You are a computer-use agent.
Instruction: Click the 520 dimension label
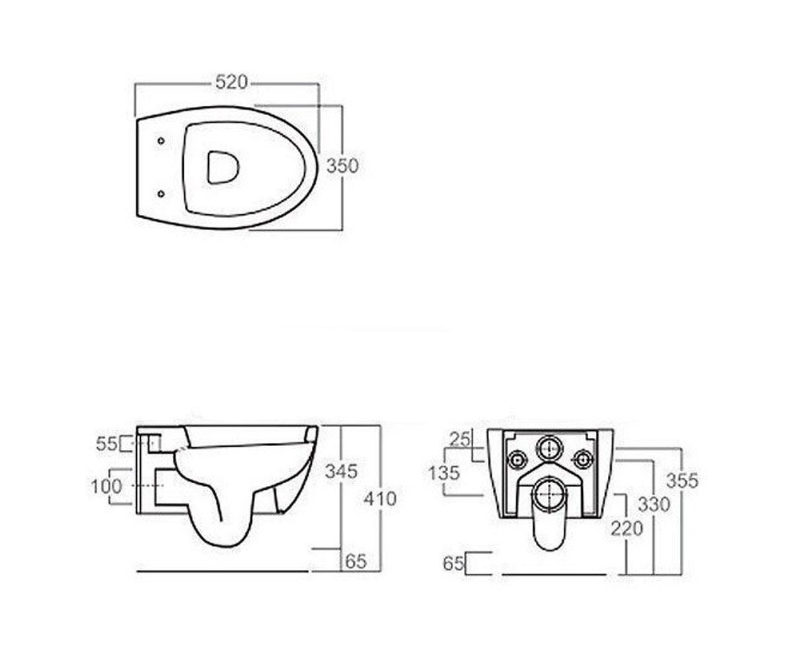(231, 82)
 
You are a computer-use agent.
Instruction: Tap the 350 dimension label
(342, 166)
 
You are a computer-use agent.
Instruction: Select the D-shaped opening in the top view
(223, 167)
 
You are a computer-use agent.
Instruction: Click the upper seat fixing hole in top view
(161, 141)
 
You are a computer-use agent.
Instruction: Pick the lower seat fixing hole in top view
(161, 194)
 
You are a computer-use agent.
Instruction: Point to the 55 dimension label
(106, 444)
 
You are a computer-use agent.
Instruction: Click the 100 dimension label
(106, 486)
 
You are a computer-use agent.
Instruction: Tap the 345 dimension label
(342, 471)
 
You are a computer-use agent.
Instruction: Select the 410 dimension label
(380, 499)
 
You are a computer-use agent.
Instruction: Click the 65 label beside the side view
(356, 561)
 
